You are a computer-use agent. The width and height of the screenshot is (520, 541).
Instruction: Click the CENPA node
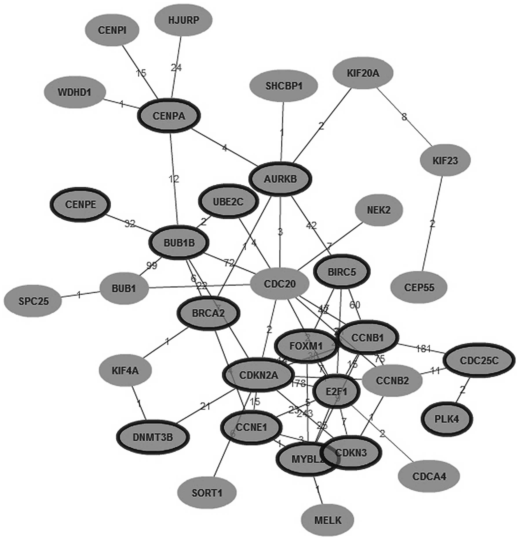169,116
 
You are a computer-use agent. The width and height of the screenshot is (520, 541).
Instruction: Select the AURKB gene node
280,179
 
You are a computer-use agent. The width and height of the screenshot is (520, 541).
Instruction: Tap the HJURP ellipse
183,20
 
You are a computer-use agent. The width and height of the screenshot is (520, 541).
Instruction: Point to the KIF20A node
363,73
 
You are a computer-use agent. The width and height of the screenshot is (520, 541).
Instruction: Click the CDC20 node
280,284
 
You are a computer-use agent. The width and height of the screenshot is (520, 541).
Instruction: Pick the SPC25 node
34,301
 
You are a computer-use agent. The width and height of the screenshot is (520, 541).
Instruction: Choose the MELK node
328,520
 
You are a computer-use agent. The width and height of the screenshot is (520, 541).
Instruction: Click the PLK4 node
447,419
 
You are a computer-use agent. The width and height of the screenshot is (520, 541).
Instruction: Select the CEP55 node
419,287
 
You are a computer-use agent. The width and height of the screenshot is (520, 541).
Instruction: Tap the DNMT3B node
153,437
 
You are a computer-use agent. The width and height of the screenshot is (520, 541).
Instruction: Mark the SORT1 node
207,493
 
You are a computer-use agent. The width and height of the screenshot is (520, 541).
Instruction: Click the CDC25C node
479,360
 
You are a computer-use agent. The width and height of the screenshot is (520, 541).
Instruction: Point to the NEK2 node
379,210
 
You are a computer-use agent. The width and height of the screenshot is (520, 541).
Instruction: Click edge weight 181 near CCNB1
423,349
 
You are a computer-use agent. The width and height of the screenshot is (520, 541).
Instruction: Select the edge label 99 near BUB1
152,265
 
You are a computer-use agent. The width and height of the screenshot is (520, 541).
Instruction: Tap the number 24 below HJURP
176,68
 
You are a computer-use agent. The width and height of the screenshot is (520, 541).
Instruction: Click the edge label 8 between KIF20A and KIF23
404,117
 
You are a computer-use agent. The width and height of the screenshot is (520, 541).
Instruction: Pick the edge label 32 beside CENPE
130,224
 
